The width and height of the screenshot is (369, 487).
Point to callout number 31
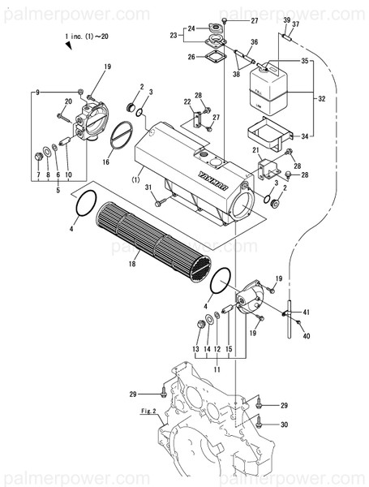(148, 189)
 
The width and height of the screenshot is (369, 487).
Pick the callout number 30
(284, 425)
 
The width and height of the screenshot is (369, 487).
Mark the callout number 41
(306, 312)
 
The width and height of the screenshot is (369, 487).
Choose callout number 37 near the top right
(295, 24)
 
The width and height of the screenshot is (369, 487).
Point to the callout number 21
(256, 152)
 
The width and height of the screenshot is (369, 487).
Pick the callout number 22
(187, 102)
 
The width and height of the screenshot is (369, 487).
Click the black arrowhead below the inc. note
(69, 50)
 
